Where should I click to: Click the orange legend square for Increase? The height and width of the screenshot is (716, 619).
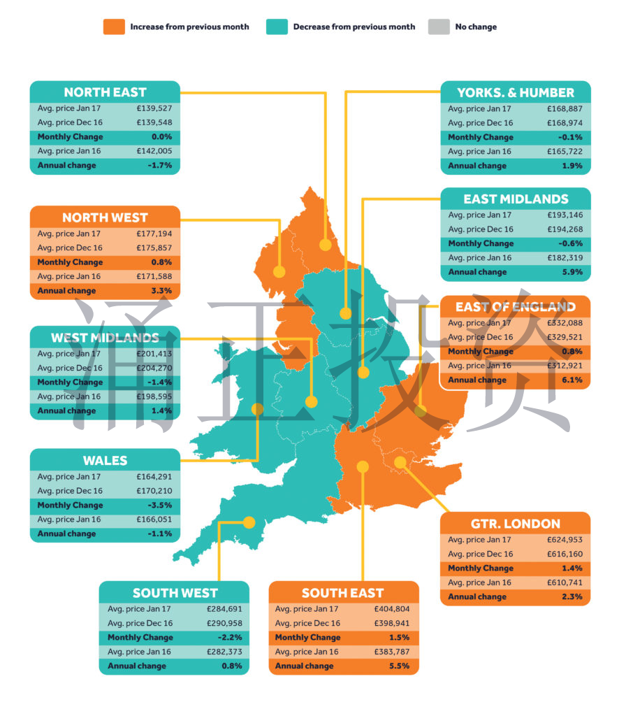[x=114, y=27]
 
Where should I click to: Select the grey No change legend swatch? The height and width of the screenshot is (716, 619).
[x=439, y=27]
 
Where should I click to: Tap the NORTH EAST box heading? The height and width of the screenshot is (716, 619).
[x=105, y=92]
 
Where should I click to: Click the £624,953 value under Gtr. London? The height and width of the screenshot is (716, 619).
[x=565, y=540]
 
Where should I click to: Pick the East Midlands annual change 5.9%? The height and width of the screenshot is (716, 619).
[x=572, y=272]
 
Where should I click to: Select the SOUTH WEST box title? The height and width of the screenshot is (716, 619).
[x=174, y=593]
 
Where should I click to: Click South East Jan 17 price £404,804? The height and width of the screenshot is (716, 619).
[x=393, y=609]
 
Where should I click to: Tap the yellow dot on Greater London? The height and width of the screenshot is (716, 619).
[x=400, y=461]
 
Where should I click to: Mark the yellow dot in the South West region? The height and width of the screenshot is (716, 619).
[x=248, y=522]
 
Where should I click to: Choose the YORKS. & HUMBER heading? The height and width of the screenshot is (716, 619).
[x=516, y=92]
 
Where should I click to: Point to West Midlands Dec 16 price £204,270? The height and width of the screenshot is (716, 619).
[x=154, y=368]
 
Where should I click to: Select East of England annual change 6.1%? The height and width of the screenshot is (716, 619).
[x=572, y=380]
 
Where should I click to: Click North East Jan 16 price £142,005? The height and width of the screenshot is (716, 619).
[x=154, y=151]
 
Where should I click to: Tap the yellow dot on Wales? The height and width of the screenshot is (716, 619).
[x=257, y=409]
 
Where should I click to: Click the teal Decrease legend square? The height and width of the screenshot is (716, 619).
[x=277, y=27]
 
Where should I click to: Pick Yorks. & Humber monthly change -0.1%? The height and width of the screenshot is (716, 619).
[x=571, y=137]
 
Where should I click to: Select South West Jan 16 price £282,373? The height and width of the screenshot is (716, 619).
[x=224, y=652]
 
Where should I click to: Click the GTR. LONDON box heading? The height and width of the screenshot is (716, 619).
[x=515, y=524]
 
